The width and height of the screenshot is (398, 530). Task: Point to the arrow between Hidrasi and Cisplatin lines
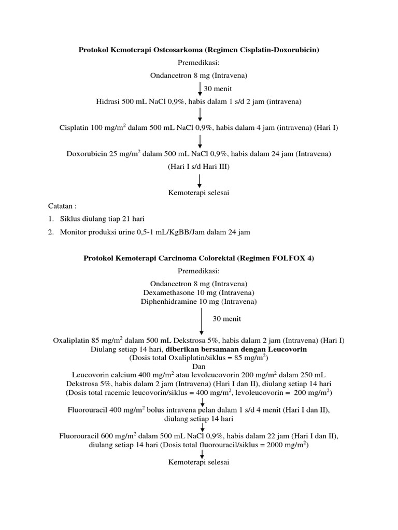200,114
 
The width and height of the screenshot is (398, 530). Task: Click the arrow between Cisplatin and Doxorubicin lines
200,141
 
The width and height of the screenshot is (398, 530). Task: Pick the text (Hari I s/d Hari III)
199,167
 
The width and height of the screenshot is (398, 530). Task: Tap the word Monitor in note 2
72,232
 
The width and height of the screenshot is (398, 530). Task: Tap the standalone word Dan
199,366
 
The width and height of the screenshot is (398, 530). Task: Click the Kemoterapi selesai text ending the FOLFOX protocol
199,462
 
